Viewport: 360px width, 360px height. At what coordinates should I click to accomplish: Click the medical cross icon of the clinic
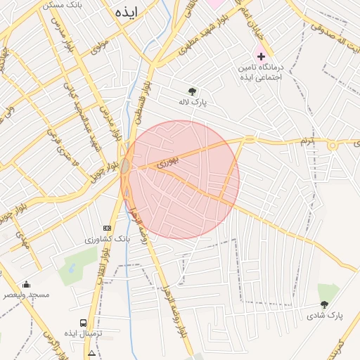click(x=262, y=56)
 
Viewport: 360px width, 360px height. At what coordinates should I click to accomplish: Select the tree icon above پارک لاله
click(x=192, y=91)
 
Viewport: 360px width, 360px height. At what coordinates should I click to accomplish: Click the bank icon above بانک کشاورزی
click(x=107, y=228)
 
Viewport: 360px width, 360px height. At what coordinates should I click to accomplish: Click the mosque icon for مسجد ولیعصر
click(x=27, y=284)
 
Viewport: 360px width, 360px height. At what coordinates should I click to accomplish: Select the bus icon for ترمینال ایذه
click(x=84, y=322)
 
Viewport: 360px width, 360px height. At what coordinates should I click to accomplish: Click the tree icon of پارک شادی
click(x=324, y=304)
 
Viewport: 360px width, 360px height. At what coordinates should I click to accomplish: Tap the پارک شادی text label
click(x=324, y=316)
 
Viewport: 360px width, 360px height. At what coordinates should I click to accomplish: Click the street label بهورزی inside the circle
click(x=167, y=161)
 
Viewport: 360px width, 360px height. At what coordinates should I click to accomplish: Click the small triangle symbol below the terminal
click(x=91, y=352)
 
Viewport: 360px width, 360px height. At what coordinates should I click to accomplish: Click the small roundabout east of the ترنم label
click(x=332, y=146)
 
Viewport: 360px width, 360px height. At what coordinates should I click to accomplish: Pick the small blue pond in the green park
click(x=72, y=269)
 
